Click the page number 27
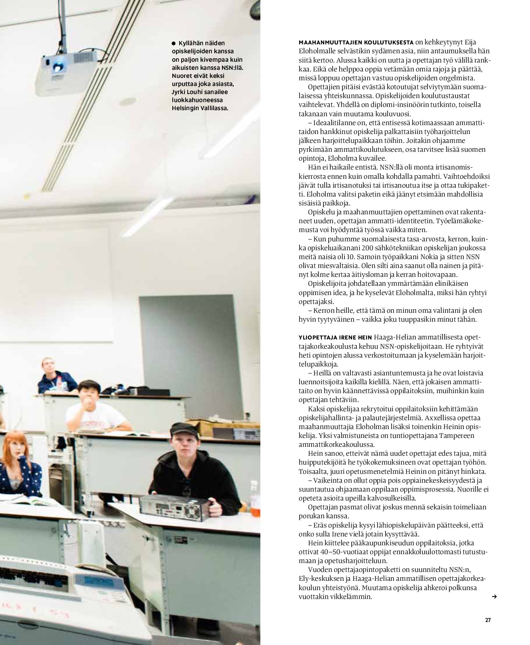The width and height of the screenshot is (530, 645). pos(487,620)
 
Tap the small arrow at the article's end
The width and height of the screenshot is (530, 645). pos(494,596)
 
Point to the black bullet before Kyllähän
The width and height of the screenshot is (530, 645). pos(174,43)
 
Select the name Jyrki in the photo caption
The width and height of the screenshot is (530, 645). pos(179,92)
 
